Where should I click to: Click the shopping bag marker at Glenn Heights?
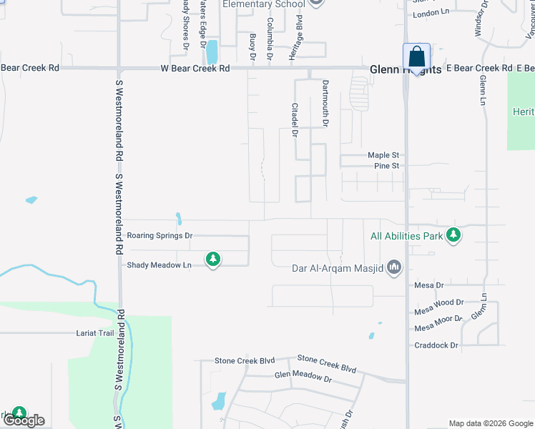pos(416,56)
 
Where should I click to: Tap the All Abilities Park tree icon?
pos(452,235)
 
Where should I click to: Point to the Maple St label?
pos(383,155)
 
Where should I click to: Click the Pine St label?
pos(386,166)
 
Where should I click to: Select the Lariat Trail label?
pos(95,333)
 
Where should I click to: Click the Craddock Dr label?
pos(436,345)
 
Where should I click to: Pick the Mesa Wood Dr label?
pos(439,312)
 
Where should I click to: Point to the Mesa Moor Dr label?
pos(439,329)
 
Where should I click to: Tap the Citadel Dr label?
pos(294,119)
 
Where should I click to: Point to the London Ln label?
pos(431,14)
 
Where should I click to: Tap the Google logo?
pos(23,420)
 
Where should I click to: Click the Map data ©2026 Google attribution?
pos(491,423)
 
